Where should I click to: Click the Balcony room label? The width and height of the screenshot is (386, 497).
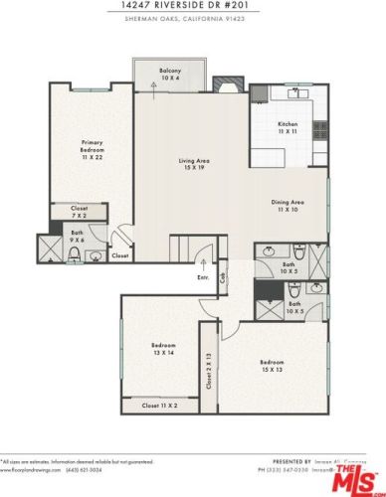tap(169, 73)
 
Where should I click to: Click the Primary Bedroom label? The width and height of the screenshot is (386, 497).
tap(93, 150)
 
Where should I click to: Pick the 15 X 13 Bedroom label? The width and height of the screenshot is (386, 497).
tap(272, 365)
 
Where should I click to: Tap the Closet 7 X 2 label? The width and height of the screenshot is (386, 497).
tap(79, 212)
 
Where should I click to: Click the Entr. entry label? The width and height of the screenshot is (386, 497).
tap(204, 278)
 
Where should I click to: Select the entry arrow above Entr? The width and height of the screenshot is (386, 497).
tap(203, 264)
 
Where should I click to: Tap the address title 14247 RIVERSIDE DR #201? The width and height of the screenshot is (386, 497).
tap(192, 5)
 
